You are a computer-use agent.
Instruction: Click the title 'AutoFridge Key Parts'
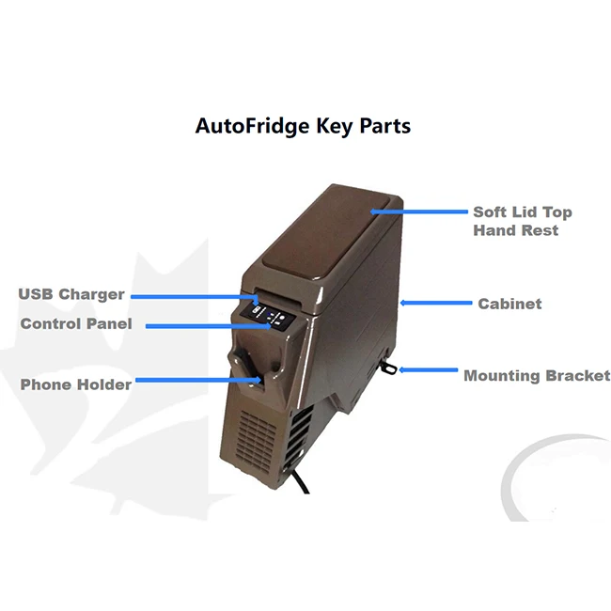tap(303, 126)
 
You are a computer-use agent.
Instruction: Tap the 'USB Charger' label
tap(71, 294)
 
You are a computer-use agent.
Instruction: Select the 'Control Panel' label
tap(77, 323)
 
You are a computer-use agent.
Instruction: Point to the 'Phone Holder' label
tap(76, 384)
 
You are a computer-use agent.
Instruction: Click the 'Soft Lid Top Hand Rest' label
tap(522, 221)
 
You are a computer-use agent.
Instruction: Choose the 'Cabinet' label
tap(509, 304)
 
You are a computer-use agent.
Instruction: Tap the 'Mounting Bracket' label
tap(537, 375)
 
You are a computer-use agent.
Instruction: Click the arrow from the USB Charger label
tap(194, 296)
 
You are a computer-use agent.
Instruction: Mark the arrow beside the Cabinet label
tap(434, 303)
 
